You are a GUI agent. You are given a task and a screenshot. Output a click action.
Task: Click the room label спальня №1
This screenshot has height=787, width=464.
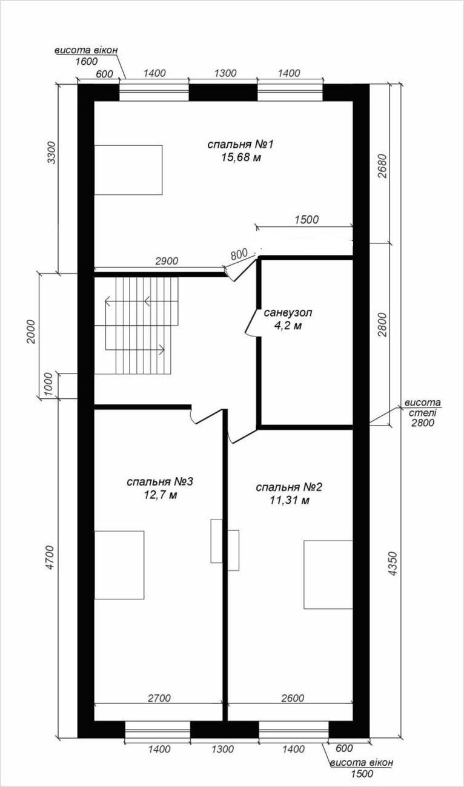click(240, 145)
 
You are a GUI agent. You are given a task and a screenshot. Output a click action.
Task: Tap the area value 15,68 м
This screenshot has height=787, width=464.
click(241, 157)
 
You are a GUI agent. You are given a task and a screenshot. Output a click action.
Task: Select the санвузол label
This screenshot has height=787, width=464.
click(288, 312)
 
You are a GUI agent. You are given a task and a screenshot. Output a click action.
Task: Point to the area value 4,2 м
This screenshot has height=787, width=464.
click(288, 326)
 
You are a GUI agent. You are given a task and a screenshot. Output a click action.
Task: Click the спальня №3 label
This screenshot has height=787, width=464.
click(160, 482)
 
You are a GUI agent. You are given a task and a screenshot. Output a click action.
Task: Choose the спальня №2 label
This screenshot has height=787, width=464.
click(289, 487)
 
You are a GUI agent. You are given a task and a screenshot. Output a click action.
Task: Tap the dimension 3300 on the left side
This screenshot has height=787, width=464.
click(52, 153)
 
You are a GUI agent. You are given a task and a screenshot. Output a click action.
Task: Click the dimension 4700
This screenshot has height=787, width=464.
click(51, 559)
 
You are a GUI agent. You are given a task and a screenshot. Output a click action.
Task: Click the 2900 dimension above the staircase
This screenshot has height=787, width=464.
click(167, 261)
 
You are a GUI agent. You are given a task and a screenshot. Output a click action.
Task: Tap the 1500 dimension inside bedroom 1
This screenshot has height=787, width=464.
click(307, 220)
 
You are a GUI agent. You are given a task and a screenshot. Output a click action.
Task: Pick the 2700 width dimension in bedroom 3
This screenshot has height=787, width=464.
click(159, 698)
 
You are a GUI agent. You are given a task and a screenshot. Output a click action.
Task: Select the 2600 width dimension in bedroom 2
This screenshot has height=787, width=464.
click(293, 698)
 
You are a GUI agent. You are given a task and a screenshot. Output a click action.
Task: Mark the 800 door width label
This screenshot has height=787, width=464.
click(239, 254)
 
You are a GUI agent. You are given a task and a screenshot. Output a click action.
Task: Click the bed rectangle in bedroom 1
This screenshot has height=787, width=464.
click(128, 170)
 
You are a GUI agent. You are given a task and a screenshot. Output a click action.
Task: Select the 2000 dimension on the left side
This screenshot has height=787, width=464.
click(31, 332)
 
